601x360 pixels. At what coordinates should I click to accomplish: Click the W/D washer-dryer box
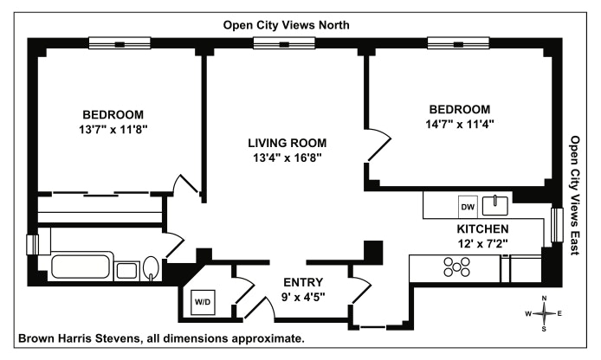pyautogui.click(x=202, y=302)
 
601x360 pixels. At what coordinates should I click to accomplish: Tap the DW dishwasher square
pyautogui.click(x=468, y=207)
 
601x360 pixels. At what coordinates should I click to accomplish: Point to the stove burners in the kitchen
pyautogui.click(x=456, y=268)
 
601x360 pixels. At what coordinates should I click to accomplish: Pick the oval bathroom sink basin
pyautogui.click(x=151, y=268)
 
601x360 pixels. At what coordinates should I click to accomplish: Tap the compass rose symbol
pyautogui.click(x=544, y=313)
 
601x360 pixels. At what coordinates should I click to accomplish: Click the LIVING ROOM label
pyautogui.click(x=288, y=143)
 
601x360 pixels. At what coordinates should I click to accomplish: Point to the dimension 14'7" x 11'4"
pyautogui.click(x=460, y=124)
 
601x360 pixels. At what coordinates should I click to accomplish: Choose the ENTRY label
pyautogui.click(x=303, y=282)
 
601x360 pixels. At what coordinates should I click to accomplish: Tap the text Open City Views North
pyautogui.click(x=287, y=25)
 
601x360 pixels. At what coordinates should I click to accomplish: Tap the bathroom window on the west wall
pyautogui.click(x=31, y=245)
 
